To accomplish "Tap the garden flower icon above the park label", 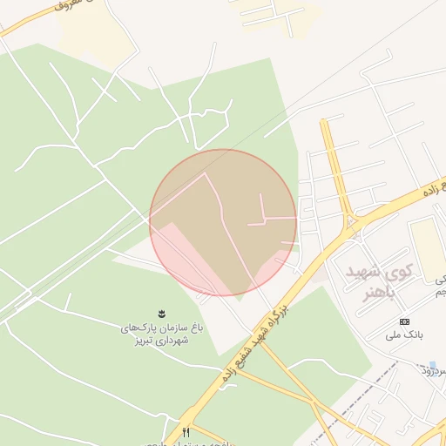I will pos(162,313).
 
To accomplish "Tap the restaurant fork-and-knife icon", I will pos(186,432).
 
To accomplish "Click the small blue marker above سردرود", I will pos(432,365).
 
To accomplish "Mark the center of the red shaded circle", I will pos(223,222).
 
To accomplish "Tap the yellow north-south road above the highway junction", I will pos(336,166).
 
